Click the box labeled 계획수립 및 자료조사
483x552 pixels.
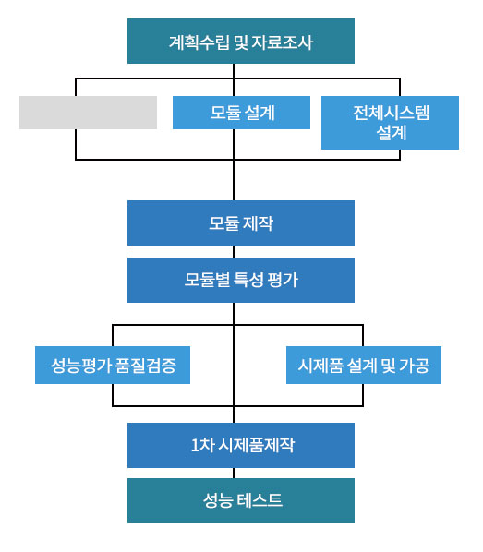click(x=241, y=42)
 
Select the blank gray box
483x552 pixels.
click(x=88, y=113)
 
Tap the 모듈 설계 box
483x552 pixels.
click(x=241, y=113)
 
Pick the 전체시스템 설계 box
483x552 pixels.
click(x=390, y=123)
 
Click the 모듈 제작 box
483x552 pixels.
click(x=241, y=222)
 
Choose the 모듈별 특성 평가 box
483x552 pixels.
click(x=241, y=281)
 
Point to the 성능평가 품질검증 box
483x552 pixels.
click(x=113, y=365)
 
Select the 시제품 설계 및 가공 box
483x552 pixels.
click(x=364, y=365)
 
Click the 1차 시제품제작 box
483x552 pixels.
click(x=241, y=445)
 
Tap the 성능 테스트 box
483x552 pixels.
click(x=241, y=500)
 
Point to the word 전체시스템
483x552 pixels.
click(x=391, y=113)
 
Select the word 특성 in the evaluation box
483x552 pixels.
click(x=248, y=281)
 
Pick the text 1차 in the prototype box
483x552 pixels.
click(x=202, y=445)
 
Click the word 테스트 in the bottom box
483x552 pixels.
click(x=260, y=500)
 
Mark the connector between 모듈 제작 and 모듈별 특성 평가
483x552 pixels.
click(x=234, y=252)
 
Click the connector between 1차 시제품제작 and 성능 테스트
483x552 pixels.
click(x=234, y=474)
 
